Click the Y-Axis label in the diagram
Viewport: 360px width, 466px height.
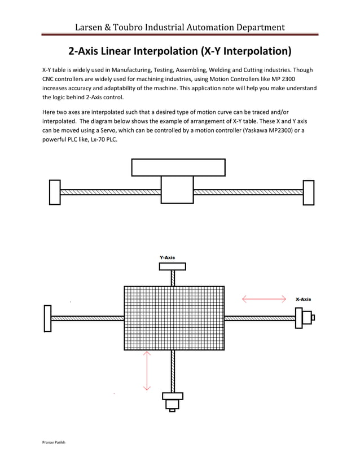click(167, 257)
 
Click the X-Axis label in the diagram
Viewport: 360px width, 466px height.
click(303, 299)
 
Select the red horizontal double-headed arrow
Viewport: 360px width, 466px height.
click(264, 299)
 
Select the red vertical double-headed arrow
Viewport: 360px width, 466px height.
click(147, 371)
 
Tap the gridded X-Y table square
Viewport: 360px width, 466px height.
click(174, 318)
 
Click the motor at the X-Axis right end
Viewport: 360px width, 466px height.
click(305, 318)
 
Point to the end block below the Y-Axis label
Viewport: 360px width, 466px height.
click(172, 266)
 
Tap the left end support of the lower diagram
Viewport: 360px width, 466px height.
click(47, 318)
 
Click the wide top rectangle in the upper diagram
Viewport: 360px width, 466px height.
click(178, 168)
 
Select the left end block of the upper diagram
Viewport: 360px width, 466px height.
click(55, 192)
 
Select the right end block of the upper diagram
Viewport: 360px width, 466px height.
click(308, 192)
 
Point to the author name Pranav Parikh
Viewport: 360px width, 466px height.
click(54, 443)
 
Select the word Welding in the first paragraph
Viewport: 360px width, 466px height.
click(205, 69)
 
